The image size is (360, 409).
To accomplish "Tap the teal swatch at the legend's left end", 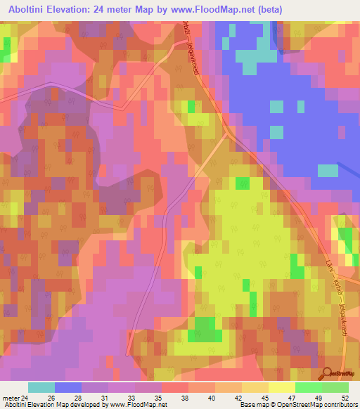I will tap(41, 387).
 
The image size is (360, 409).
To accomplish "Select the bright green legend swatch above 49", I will tap(309, 387).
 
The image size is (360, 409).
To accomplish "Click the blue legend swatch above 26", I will tap(68, 387).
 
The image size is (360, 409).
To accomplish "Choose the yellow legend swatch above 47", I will tap(282, 387).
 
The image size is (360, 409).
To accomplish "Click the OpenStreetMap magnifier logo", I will tap(326, 372).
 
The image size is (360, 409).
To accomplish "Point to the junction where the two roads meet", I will tap(226, 134).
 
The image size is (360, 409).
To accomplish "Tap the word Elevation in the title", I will tap(82, 9).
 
